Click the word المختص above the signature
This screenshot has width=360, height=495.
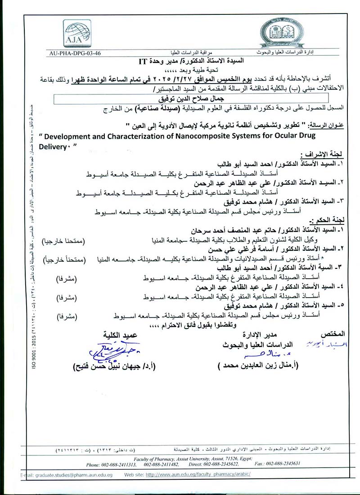pos(333,334)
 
